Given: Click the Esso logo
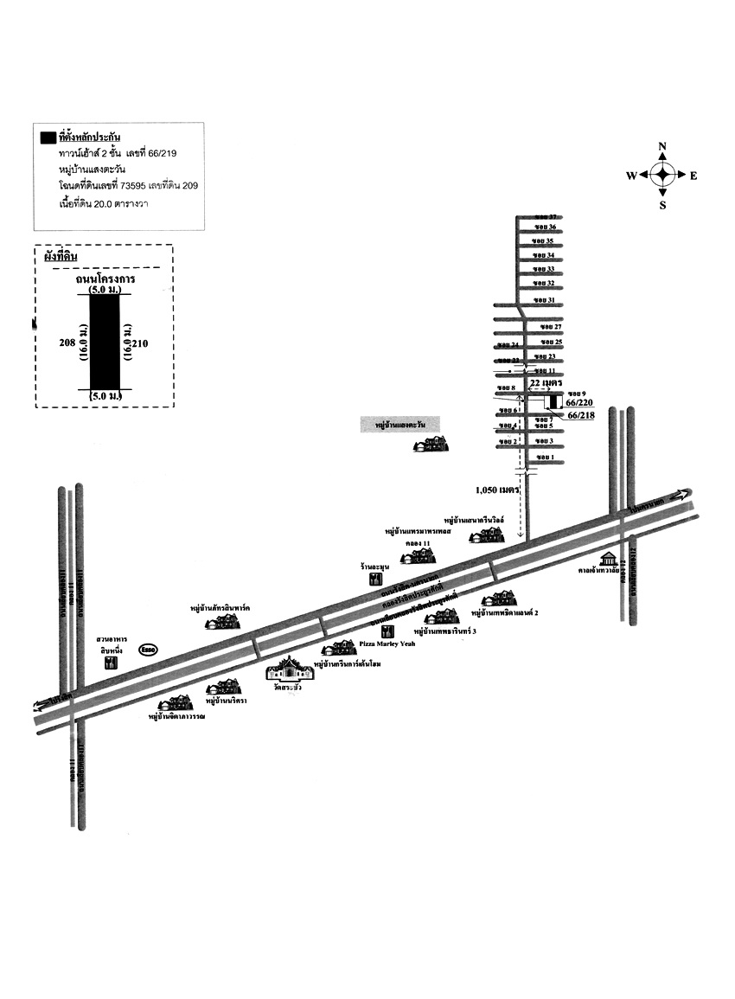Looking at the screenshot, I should [x=148, y=651].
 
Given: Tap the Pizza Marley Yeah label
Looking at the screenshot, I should [x=391, y=644].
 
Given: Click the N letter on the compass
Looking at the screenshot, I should [x=662, y=146].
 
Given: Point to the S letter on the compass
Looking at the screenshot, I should [x=662, y=205].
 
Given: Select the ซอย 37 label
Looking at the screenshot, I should [x=546, y=215].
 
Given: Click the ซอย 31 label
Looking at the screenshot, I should [x=545, y=300].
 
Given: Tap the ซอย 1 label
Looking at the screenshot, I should [x=545, y=457].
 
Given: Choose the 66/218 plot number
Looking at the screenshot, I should [x=583, y=416].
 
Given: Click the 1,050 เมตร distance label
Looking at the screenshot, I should [x=496, y=490].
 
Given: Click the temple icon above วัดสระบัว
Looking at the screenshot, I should [x=287, y=669].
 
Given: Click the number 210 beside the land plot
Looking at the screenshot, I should [x=142, y=343].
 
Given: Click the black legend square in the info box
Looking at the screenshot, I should [x=48, y=138].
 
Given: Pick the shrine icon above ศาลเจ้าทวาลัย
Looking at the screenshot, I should [x=610, y=556].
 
